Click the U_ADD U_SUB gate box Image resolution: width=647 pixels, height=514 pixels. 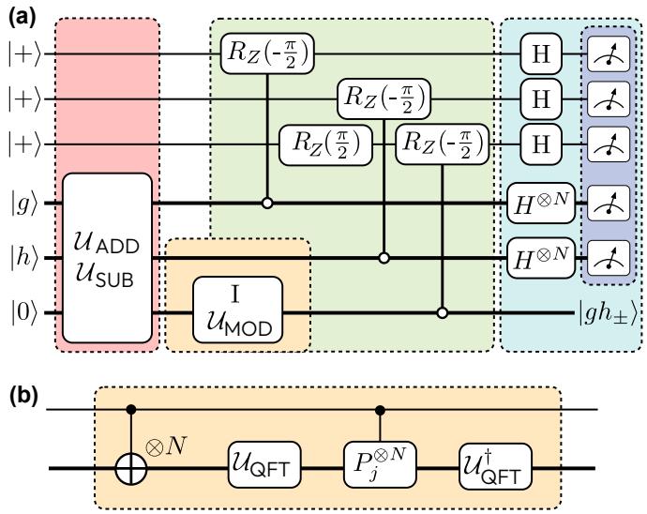pos(107,258)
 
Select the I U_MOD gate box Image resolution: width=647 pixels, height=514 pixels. pos(238,310)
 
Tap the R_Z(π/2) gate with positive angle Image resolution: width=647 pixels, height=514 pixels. pos(326,144)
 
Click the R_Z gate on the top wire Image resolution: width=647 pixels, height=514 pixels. pos(267,53)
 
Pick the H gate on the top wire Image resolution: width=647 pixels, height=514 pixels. pos(541,54)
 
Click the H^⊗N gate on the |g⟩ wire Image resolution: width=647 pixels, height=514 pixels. pos(541,204)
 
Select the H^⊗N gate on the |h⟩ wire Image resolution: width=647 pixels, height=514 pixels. pos(541,259)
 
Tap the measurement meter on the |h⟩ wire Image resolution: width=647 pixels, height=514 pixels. pos(609,259)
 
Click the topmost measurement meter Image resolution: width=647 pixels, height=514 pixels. pos(609,54)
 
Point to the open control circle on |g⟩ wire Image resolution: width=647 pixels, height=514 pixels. pos(267,204)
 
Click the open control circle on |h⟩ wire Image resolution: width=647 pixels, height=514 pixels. pos(384,259)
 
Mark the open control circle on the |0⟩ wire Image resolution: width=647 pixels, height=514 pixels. pos(443,313)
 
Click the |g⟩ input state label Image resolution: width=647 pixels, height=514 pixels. pos(24,204)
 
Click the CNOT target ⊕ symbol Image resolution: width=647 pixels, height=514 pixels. pos(131,469)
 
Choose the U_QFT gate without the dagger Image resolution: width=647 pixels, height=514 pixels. pos(264,465)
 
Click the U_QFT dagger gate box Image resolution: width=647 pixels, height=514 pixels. pos(495,466)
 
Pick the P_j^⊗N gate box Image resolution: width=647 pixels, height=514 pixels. pos(380,465)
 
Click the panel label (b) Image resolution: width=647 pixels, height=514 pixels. pos(23,396)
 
